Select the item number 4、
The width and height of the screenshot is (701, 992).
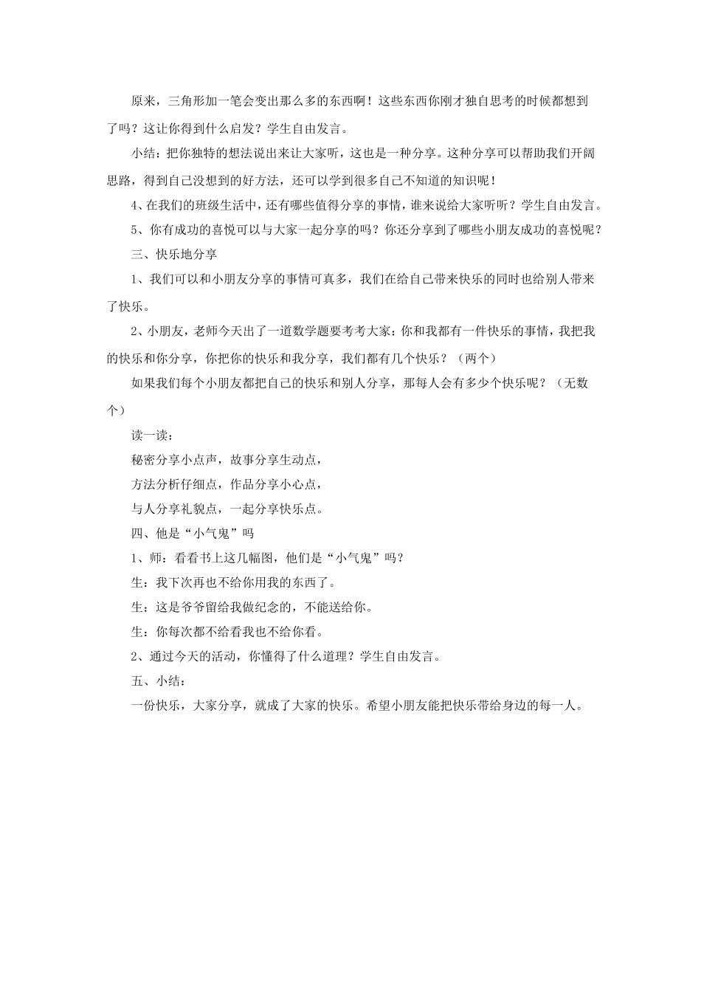[137, 204]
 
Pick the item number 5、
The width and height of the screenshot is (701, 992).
[137, 230]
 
